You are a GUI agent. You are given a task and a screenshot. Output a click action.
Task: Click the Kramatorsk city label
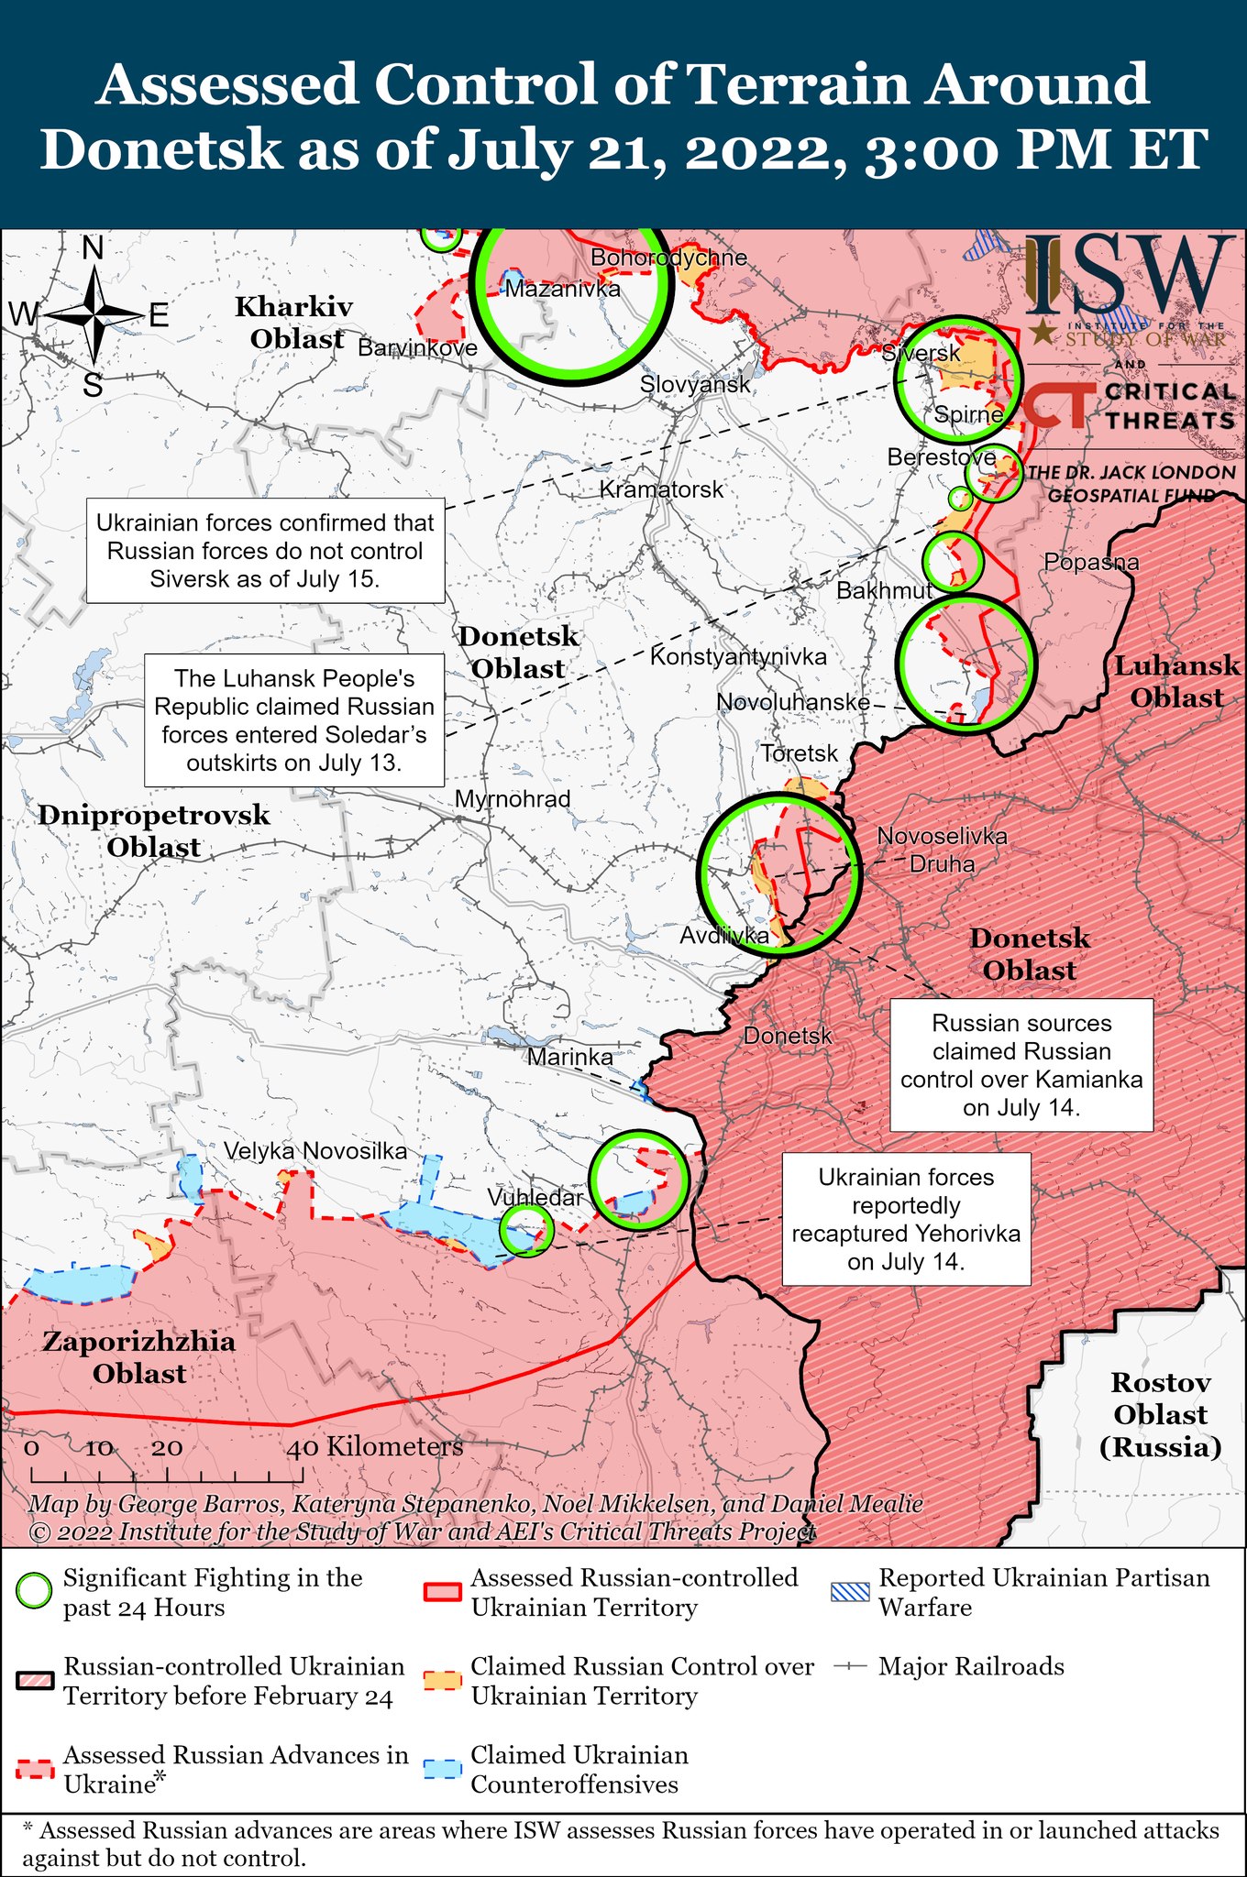(x=661, y=489)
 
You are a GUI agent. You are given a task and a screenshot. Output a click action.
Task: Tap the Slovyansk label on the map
(x=695, y=384)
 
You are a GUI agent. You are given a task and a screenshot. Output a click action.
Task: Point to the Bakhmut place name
(x=884, y=590)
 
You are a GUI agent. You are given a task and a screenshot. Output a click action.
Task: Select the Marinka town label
(x=569, y=1057)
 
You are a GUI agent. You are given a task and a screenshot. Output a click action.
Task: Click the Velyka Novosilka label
(x=315, y=1151)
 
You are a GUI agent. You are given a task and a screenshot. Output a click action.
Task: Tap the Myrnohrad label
(x=513, y=799)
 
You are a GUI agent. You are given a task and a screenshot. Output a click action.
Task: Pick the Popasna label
(x=1091, y=562)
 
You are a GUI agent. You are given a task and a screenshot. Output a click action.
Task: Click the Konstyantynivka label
(x=738, y=656)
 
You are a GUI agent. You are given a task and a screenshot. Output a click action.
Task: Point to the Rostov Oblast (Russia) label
(x=1160, y=1414)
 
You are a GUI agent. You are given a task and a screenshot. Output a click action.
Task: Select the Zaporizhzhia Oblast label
(x=139, y=1357)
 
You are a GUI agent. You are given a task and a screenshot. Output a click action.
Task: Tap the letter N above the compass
(x=93, y=248)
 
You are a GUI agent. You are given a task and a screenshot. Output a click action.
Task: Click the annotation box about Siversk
(x=266, y=551)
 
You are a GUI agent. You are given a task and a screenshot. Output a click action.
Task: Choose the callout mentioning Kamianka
(x=1021, y=1065)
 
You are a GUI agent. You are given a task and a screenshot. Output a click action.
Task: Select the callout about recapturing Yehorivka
(x=906, y=1219)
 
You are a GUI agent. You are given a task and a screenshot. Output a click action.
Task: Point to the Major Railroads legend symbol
(x=850, y=1666)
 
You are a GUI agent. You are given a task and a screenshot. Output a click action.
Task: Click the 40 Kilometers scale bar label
(x=375, y=1447)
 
